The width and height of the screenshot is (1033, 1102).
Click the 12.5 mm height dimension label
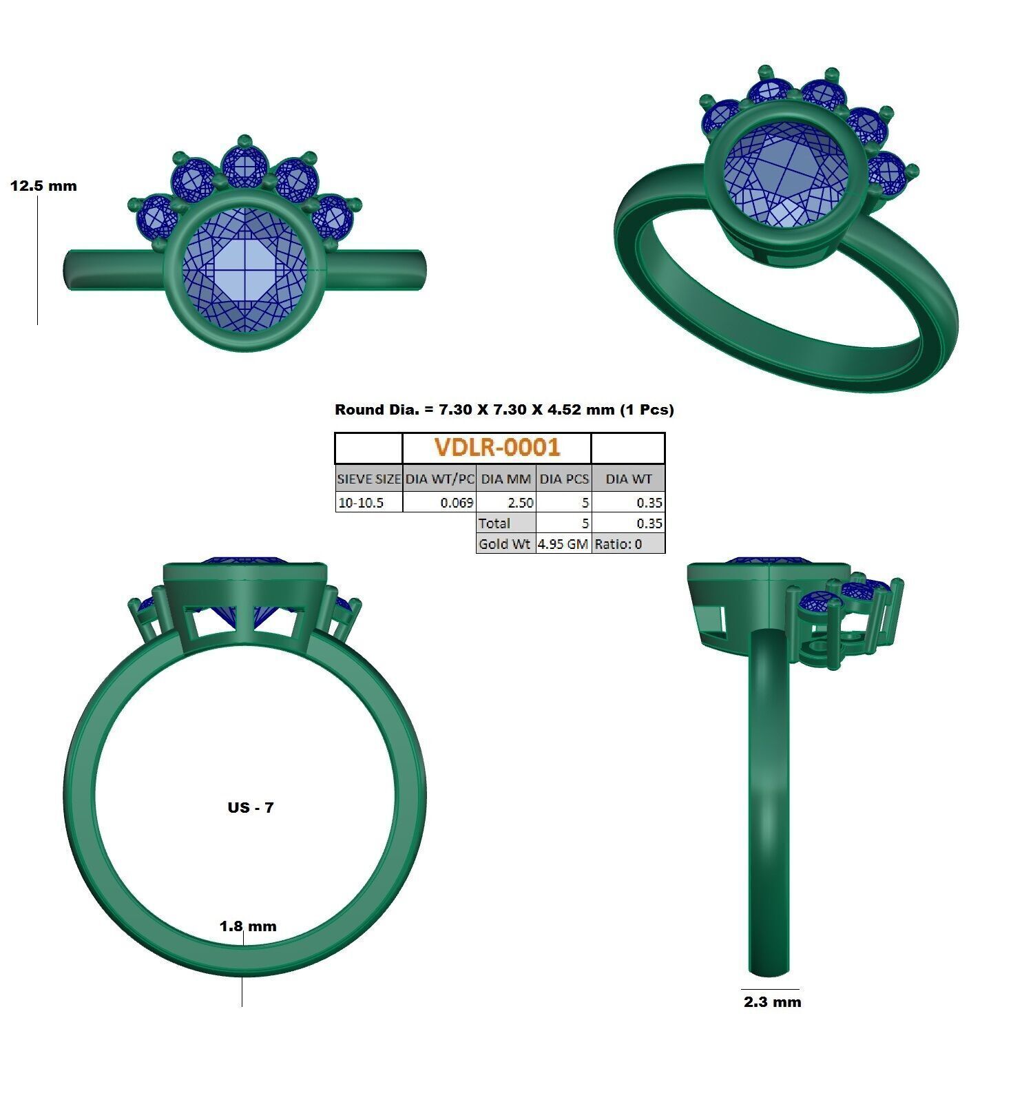coord(43,186)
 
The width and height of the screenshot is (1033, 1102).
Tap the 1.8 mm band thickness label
coord(248,926)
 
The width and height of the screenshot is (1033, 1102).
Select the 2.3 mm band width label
coord(772,1002)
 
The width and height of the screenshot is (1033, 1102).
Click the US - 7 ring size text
coord(251,807)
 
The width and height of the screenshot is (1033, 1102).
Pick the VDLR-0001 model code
coord(497,448)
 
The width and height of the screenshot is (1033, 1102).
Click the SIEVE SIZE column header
coord(368,479)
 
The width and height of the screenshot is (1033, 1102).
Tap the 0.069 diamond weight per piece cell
coord(457,503)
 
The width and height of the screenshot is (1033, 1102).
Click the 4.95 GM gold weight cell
coord(563,544)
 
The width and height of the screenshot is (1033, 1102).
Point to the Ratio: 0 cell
coord(618,544)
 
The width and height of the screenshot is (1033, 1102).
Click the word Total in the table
coord(494,523)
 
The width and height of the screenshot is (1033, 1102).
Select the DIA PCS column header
coord(563,479)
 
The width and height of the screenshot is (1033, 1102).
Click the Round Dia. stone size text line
coord(504,410)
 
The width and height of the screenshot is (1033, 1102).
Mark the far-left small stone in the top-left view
coord(158,216)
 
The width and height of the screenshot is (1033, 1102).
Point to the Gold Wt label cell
coord(505,544)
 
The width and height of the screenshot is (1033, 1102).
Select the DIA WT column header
coord(628,479)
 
